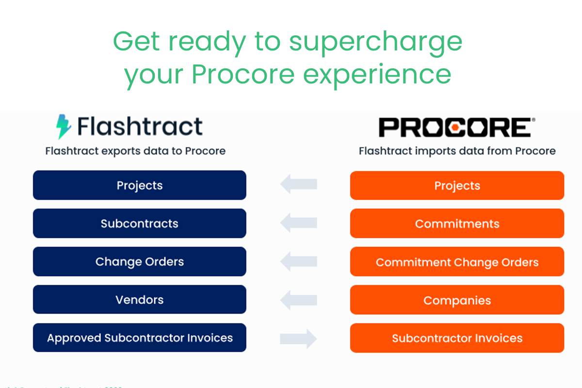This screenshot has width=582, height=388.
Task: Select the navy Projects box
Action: pyautogui.click(x=140, y=185)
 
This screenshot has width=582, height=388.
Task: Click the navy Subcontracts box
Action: pyautogui.click(x=140, y=224)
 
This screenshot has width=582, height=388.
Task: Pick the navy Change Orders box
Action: pyautogui.click(x=140, y=261)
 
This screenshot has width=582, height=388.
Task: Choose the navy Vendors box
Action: pyautogui.click(x=140, y=300)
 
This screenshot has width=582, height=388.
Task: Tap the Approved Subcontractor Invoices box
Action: pyautogui.click(x=140, y=338)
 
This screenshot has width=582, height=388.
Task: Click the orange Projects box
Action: pyautogui.click(x=457, y=185)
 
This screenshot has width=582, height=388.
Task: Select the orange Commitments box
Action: pyautogui.click(x=457, y=224)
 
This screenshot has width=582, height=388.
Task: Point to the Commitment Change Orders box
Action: pyautogui.click(x=457, y=262)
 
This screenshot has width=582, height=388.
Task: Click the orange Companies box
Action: pyautogui.click(x=457, y=300)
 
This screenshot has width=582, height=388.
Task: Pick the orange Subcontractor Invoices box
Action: pyautogui.click(x=457, y=338)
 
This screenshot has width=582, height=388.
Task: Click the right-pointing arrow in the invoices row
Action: pyautogui.click(x=298, y=338)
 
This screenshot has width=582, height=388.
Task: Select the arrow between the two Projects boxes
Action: pyautogui.click(x=298, y=184)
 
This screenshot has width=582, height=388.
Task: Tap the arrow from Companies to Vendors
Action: pyautogui.click(x=298, y=300)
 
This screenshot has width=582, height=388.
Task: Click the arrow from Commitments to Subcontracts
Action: pyautogui.click(x=298, y=223)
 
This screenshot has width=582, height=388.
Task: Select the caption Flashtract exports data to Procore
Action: pyautogui.click(x=135, y=151)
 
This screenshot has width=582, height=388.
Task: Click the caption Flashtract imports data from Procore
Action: pyautogui.click(x=457, y=151)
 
